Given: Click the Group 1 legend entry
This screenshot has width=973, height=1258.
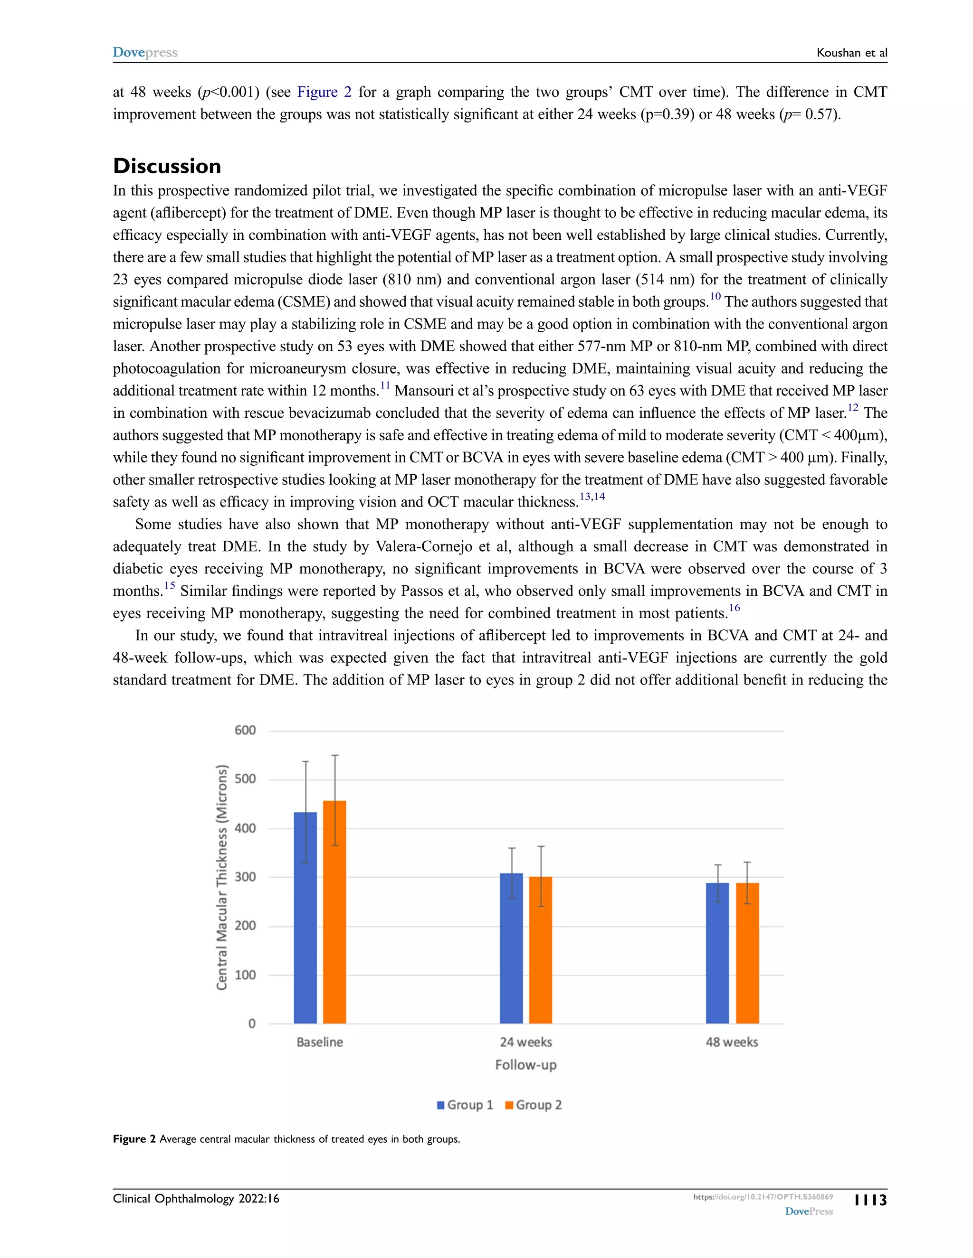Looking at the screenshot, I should coord(465,1105).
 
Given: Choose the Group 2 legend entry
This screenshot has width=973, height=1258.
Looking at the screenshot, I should coord(533,1105).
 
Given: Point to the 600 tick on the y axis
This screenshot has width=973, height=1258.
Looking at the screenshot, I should coord(245,731).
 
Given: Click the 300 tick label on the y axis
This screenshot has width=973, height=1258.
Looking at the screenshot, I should coord(245,877).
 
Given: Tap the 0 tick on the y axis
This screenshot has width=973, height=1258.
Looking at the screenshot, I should coord(252,1023).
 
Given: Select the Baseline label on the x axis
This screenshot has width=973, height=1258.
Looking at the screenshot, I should coord(319,1042).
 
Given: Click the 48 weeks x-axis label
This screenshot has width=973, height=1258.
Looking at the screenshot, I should coord(732,1042).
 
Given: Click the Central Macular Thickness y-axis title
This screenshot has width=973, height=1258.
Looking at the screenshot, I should coord(222,877).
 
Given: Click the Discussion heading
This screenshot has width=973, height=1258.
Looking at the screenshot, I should coord(167,166).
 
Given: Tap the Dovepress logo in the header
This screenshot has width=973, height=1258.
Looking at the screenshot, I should coord(145,52).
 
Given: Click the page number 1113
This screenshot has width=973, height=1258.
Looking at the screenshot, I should coord(870,1200).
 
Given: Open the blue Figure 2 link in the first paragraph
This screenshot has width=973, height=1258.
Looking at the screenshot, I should coord(324,92).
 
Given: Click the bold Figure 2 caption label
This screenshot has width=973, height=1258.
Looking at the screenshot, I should coord(134,1139).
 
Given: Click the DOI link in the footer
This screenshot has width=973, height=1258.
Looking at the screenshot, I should coord(763,1196).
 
